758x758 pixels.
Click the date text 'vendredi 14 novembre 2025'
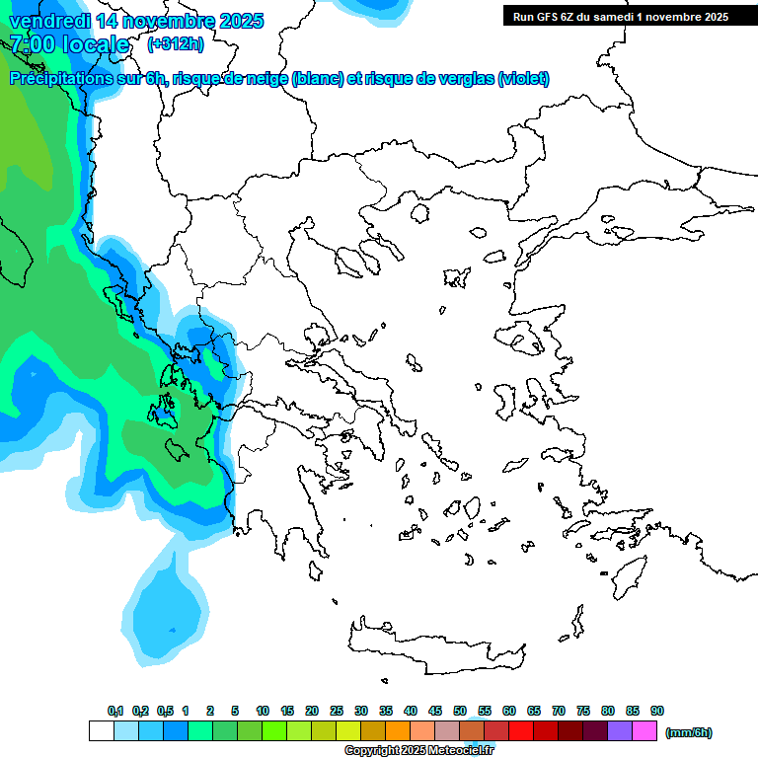(x=136, y=21)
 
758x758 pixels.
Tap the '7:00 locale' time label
(x=69, y=44)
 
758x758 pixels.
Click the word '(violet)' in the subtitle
(x=523, y=79)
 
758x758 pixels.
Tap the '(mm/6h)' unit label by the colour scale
(x=688, y=732)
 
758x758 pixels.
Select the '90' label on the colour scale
(x=657, y=712)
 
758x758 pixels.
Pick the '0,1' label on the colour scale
(x=115, y=712)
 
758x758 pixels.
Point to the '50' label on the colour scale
(x=460, y=712)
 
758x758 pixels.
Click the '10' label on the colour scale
(x=263, y=712)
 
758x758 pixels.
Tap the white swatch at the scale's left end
(x=101, y=731)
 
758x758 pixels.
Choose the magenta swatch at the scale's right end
(x=644, y=731)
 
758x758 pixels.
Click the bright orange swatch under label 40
(x=398, y=731)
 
